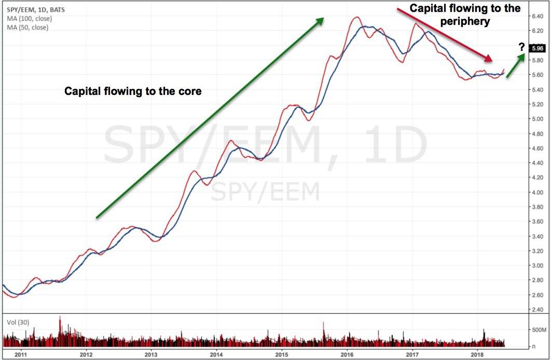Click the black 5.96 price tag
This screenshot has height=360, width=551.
tap(538, 49)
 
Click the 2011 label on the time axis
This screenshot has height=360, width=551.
tap(21, 355)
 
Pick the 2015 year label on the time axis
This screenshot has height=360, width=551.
tap(282, 355)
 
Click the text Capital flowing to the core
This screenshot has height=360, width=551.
tap(132, 91)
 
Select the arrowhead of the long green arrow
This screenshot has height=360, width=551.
tap(320, 20)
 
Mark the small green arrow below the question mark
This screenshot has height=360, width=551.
tap(515, 65)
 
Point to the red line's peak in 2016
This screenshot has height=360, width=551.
tap(356, 17)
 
